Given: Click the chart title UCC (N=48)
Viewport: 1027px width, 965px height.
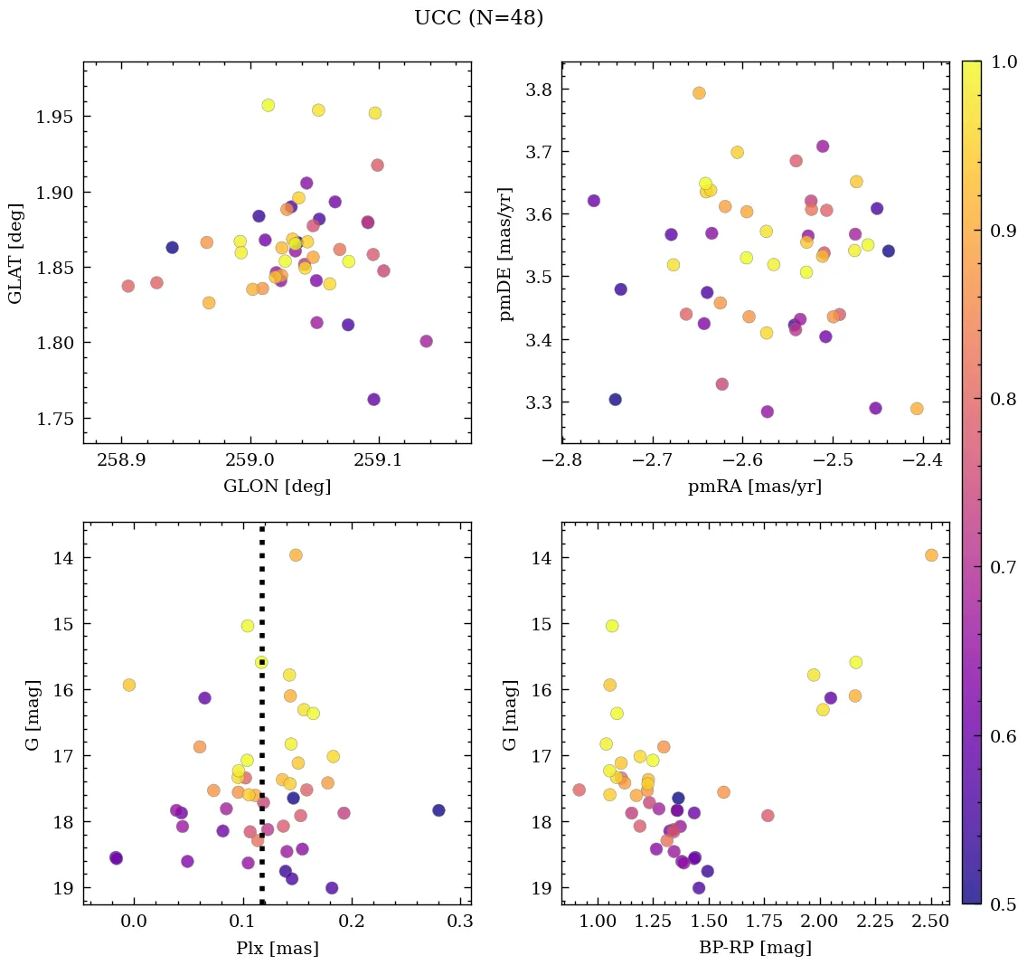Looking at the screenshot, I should pyautogui.click(x=478, y=18).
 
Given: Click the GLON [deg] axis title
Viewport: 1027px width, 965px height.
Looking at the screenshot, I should pyautogui.click(x=277, y=487).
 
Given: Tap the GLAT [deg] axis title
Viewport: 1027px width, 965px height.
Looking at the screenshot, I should pyautogui.click(x=15, y=252).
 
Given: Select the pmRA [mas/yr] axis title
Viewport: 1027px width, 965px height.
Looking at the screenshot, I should pyautogui.click(x=755, y=487).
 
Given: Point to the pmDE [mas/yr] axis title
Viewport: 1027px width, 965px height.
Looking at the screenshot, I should pyautogui.click(x=505, y=252).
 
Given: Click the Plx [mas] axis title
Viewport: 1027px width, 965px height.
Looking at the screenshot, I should pyautogui.click(x=277, y=948).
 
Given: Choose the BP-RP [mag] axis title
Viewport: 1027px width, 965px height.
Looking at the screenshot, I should pyautogui.click(x=755, y=948).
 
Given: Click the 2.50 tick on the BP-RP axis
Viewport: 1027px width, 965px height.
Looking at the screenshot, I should pyautogui.click(x=930, y=922).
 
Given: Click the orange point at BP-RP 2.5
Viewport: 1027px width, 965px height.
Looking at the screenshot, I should pyautogui.click(x=931, y=555).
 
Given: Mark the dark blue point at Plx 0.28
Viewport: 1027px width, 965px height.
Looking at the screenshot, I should pyautogui.click(x=438, y=810).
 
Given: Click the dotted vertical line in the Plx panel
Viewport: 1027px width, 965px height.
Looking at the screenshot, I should pyautogui.click(x=262, y=724).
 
